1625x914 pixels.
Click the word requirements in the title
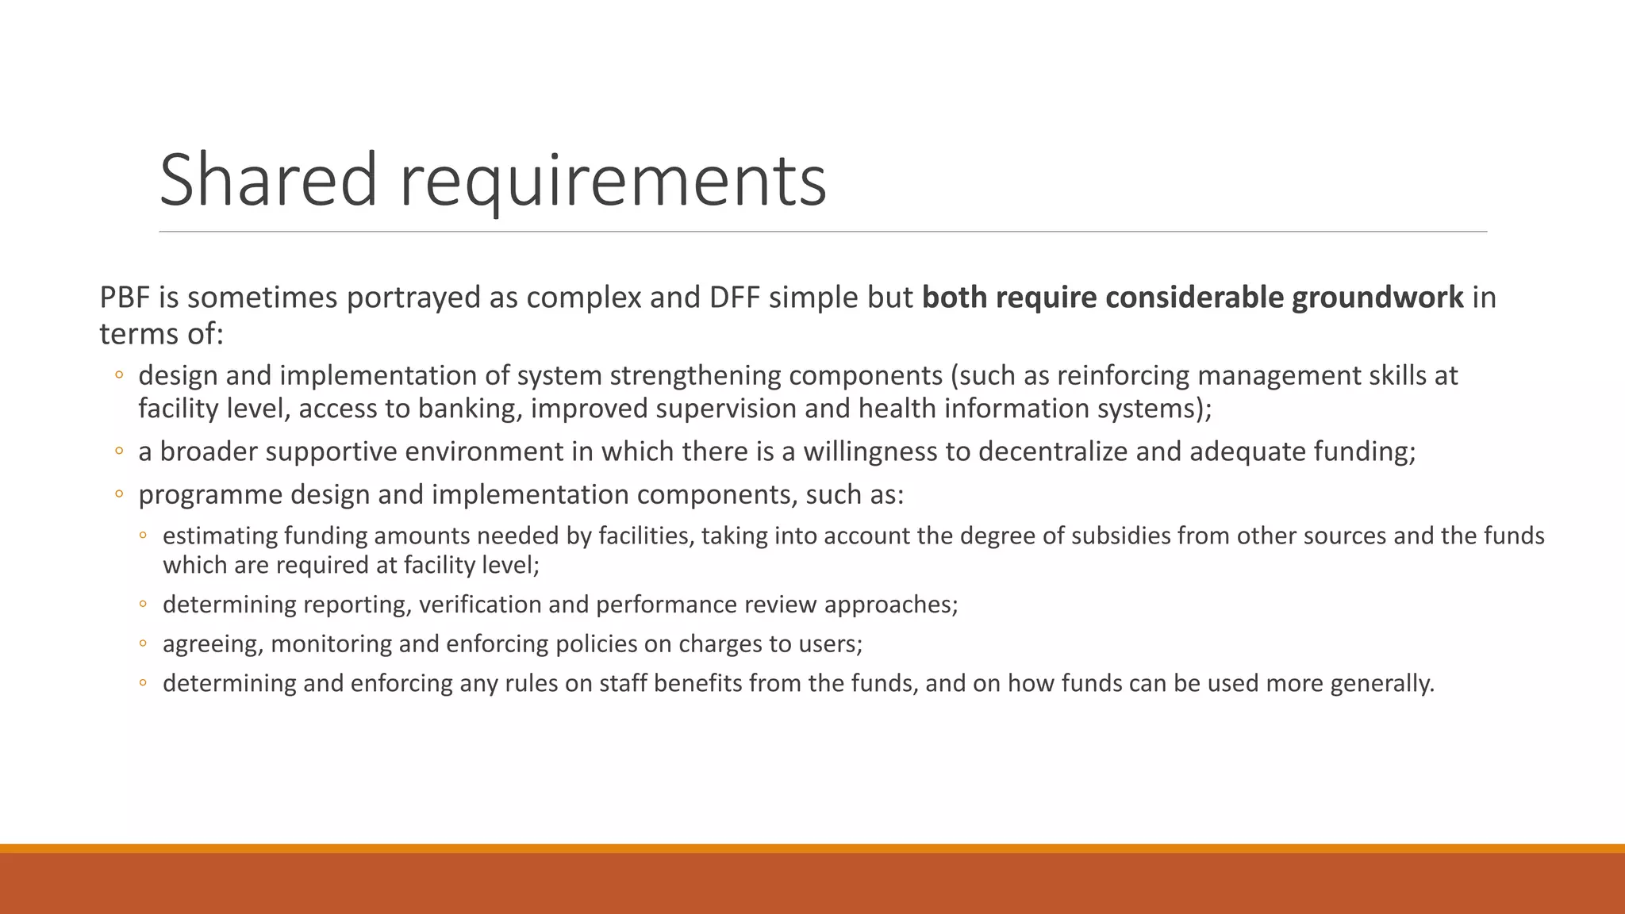613,182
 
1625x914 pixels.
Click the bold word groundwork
1377,298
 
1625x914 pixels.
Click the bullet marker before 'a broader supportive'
119,451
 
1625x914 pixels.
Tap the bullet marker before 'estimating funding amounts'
143,536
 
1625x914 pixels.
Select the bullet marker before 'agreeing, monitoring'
143,643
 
